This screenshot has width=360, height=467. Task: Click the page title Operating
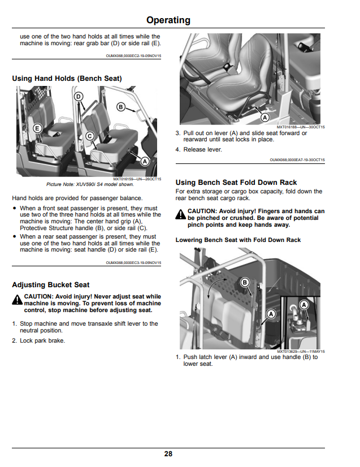[168, 20]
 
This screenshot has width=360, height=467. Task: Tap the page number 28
[168, 453]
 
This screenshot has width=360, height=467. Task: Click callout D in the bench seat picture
[79, 97]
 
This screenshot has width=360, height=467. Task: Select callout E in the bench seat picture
[37, 128]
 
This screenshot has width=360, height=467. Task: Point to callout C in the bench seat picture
[90, 136]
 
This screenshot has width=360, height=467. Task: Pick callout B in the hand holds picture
[120, 107]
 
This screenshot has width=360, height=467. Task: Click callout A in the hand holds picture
[145, 162]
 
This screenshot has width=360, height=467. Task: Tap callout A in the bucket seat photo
[264, 118]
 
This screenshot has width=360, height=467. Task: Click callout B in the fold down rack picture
[245, 282]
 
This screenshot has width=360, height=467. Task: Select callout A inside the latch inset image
[304, 305]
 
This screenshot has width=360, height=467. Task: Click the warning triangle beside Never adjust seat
[18, 300]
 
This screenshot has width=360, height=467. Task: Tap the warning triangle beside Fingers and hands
[180, 214]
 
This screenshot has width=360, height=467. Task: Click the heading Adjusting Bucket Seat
[51, 285]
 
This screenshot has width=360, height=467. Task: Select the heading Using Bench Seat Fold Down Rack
[236, 182]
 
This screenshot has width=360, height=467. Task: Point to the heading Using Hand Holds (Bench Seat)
[67, 79]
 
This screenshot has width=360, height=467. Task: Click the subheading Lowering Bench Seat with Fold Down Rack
[238, 240]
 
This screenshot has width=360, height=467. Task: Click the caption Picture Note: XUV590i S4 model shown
[90, 184]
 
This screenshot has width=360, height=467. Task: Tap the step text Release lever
[203, 149]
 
